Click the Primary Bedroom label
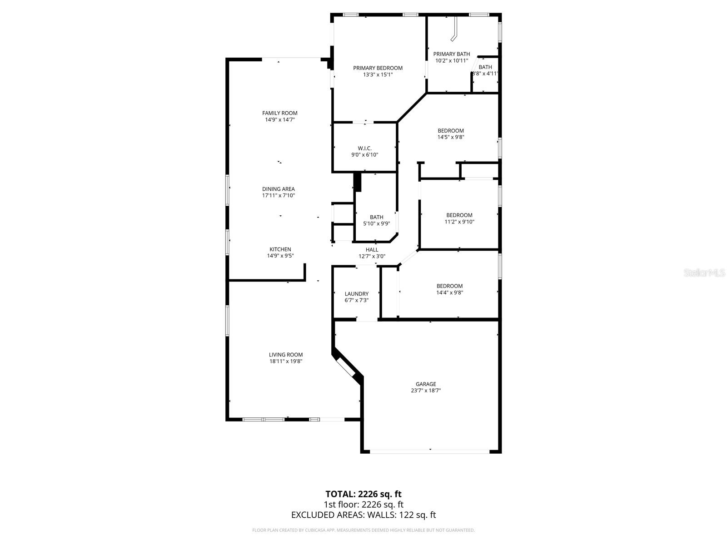pos(378,68)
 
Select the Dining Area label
pos(278,189)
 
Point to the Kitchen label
pos(280,249)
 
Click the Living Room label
pos(285,355)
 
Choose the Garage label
pos(426,384)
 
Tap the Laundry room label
pos(357,294)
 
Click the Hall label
pos(372,249)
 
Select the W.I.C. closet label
pos(364,148)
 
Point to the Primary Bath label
pos(451,54)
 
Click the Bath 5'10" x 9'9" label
pos(376,217)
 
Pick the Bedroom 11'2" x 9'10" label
pos(459,215)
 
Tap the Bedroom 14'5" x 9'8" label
pos(451,131)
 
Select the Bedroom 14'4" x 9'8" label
pos(449,286)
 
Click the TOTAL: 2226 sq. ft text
pos(363,494)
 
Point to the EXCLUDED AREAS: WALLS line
pos(363,515)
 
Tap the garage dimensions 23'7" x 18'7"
pos(426,391)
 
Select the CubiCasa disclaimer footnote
pos(363,530)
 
